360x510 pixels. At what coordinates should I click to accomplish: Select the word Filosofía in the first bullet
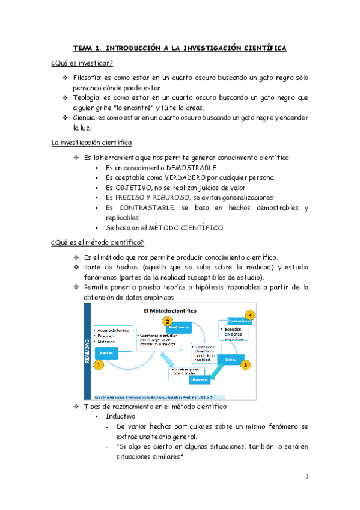click(87, 78)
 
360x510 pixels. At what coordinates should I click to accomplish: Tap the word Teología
click(86, 97)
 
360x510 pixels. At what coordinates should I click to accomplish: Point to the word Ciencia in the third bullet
click(84, 117)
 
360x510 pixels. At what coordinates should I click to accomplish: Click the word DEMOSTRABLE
click(190, 168)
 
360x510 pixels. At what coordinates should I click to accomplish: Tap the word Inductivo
click(120, 399)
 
